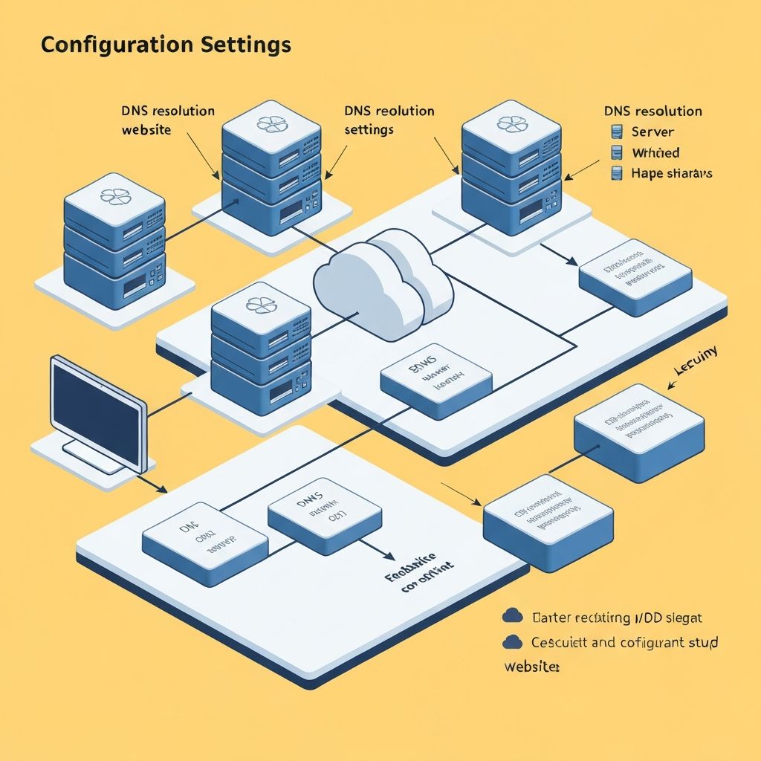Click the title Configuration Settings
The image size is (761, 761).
(x=166, y=45)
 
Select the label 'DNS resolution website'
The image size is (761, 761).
(x=168, y=120)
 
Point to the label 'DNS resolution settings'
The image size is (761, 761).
(x=389, y=120)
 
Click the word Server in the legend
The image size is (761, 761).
(x=652, y=132)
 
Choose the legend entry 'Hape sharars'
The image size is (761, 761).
(x=671, y=173)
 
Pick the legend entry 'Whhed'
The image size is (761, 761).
(x=655, y=153)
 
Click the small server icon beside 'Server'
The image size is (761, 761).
(x=616, y=132)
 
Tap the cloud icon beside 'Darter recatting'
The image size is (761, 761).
(x=512, y=615)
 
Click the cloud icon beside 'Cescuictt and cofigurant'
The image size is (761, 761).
(x=512, y=641)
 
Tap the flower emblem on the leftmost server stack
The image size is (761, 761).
(x=114, y=196)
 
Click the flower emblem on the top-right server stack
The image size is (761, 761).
(x=511, y=123)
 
